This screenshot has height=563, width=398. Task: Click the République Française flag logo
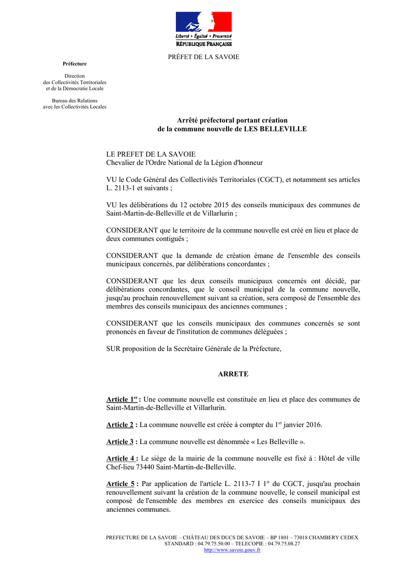pyautogui.click(x=203, y=29)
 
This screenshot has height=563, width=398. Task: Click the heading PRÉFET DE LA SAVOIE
pyautogui.click(x=203, y=57)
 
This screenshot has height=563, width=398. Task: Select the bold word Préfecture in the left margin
pyautogui.click(x=75, y=64)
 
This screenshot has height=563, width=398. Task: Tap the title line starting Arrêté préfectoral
pyautogui.click(x=232, y=120)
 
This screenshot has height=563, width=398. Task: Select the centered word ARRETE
pyautogui.click(x=233, y=374)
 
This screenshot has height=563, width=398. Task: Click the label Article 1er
pyautogui.click(x=122, y=399)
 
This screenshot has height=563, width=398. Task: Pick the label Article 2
pyautogui.click(x=120, y=425)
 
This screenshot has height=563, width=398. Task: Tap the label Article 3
pyautogui.click(x=120, y=441)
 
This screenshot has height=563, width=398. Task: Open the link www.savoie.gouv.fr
pyautogui.click(x=232, y=549)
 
